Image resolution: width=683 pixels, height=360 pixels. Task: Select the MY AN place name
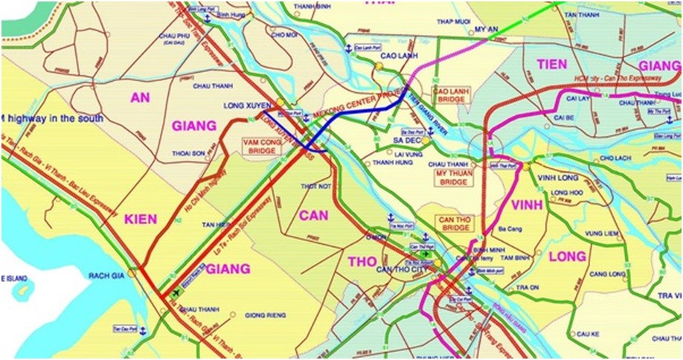pos(485,30)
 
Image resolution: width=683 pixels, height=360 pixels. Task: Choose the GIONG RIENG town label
pos(266,315)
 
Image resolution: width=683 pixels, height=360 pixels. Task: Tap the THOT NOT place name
pos(315,185)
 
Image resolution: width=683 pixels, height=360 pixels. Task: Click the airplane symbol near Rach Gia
pos(176,292)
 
